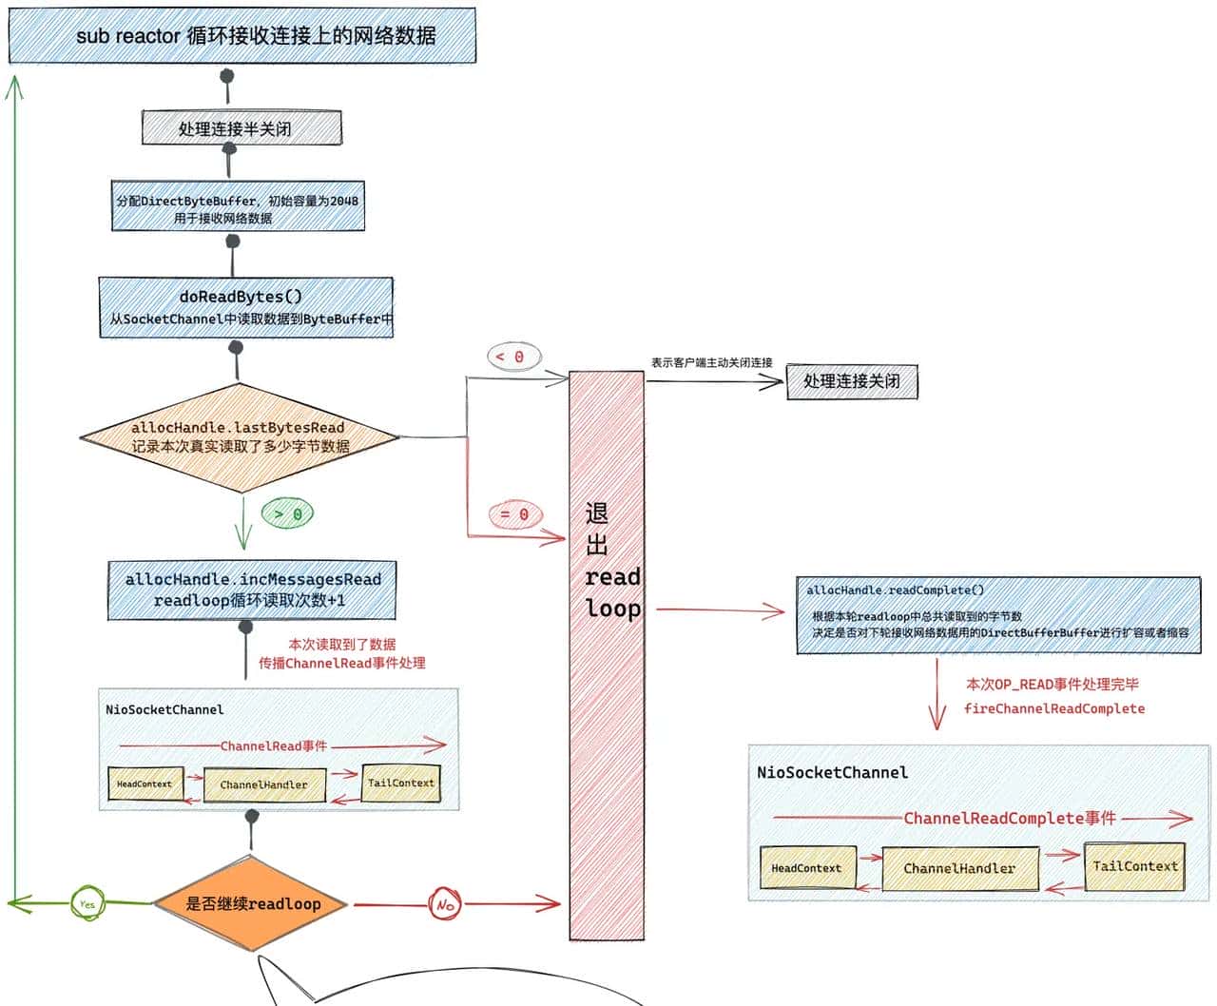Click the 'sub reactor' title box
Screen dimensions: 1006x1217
(x=242, y=36)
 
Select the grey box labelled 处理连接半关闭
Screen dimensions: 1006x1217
(x=241, y=128)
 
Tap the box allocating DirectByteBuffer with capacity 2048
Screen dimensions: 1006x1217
(x=238, y=207)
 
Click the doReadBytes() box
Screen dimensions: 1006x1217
(x=245, y=307)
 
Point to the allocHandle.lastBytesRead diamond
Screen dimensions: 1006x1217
(x=240, y=437)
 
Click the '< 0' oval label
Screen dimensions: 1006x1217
(x=514, y=357)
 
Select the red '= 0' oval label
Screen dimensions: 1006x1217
(x=514, y=514)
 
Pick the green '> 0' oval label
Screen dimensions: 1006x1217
(x=287, y=513)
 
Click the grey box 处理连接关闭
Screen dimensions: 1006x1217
(x=852, y=381)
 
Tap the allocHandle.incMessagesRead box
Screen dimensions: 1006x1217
(x=252, y=590)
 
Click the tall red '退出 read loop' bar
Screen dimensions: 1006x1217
(x=607, y=656)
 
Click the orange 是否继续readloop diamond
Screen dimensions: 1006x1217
(x=253, y=903)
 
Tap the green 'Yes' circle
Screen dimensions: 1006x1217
(x=87, y=903)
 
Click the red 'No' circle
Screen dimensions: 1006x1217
(x=444, y=904)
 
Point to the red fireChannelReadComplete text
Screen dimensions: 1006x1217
(x=1053, y=708)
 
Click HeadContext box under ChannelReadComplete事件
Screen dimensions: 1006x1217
(x=807, y=868)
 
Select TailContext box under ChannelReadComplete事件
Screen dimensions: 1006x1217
(x=1134, y=866)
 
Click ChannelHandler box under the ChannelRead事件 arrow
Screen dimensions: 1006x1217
(x=263, y=784)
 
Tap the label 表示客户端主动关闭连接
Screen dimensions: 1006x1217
(x=711, y=362)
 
